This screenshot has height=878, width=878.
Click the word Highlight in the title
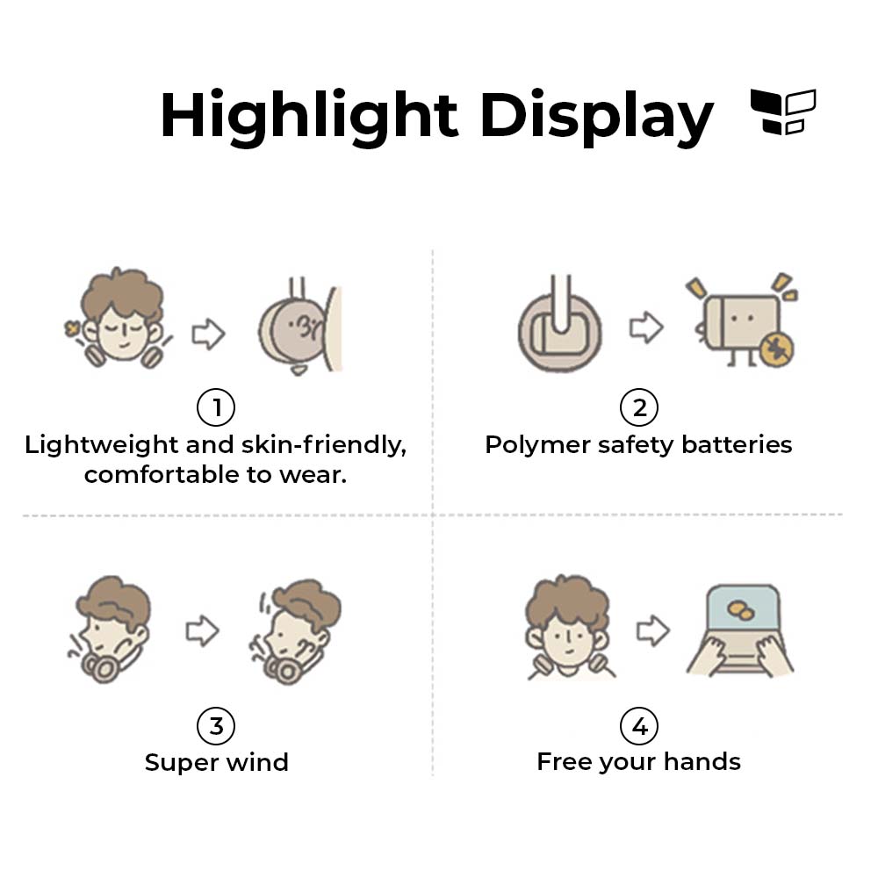click(309, 116)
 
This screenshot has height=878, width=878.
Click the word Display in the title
click(596, 116)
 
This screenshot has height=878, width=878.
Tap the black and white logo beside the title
click(783, 112)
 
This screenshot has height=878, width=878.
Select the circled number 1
click(216, 407)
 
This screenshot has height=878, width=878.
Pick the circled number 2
click(639, 407)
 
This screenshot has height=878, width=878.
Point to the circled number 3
click(216, 726)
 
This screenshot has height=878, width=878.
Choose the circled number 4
click(639, 726)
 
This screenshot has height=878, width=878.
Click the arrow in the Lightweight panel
click(208, 335)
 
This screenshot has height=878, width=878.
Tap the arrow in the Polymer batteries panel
click(646, 327)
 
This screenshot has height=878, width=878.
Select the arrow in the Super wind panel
click(202, 630)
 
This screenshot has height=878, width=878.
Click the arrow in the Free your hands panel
click(653, 630)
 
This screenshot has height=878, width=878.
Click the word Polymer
click(538, 446)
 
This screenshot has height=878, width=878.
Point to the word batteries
click(737, 444)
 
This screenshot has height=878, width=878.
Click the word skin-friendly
click(324, 446)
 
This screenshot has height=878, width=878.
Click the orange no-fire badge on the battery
click(777, 349)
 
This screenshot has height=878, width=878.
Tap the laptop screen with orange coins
click(743, 610)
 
